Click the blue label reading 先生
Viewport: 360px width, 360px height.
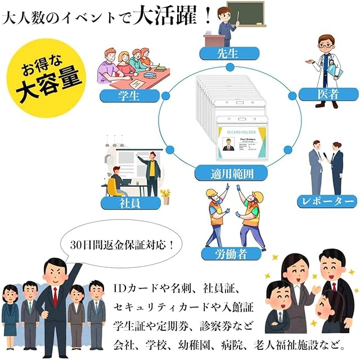point(229,54)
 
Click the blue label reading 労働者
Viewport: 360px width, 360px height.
point(231,254)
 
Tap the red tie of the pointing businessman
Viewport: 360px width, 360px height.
point(55,296)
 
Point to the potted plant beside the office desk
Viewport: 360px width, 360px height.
point(165,196)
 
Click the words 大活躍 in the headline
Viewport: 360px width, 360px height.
point(163,15)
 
